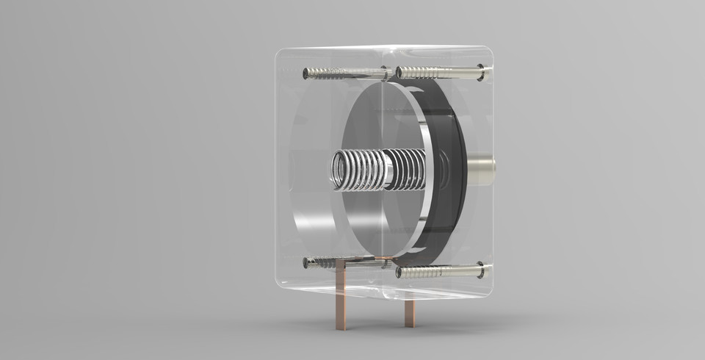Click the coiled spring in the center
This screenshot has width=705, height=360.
point(378,169)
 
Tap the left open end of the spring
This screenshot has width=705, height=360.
point(339,170)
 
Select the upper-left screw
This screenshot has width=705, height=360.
point(345,73)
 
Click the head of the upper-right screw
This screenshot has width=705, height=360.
point(481,72)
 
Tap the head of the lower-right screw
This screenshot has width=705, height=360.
point(481,270)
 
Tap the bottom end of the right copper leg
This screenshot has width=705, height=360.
point(409,324)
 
